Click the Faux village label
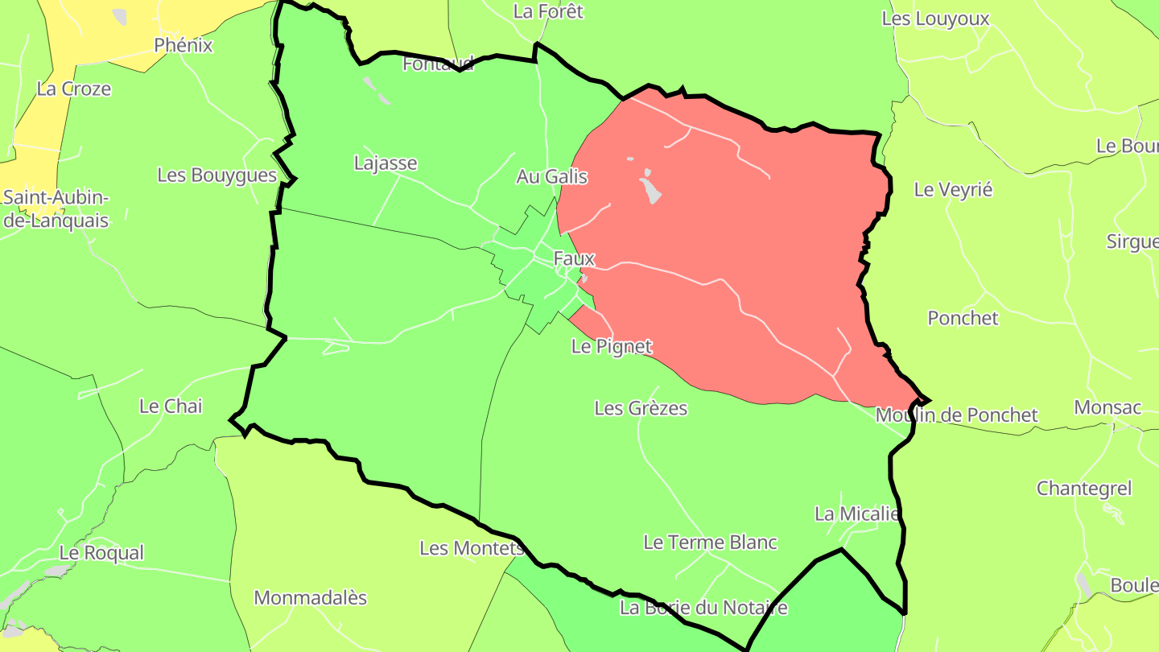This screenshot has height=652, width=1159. click(574, 259)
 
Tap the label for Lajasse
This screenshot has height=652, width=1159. click(386, 163)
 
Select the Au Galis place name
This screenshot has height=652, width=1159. click(551, 176)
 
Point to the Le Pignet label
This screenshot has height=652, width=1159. click(611, 347)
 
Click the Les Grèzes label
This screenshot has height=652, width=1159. click(641, 408)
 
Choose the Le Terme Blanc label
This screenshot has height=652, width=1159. click(710, 543)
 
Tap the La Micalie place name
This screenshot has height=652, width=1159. click(856, 514)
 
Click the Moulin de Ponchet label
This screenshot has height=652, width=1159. click(956, 415)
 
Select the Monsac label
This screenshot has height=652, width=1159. click(1107, 407)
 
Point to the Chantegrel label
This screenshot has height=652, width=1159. click(1083, 489)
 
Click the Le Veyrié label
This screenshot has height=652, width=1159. click(953, 190)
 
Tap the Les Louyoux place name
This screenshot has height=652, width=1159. click(935, 19)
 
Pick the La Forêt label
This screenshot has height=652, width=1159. click(548, 11)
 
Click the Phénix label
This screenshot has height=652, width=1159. click(184, 45)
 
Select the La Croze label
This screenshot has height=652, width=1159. click(74, 89)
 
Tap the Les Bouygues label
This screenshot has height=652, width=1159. click(217, 175)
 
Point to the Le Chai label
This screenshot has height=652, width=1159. click(171, 406)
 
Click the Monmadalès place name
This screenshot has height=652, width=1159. click(310, 598)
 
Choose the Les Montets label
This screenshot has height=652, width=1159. click(472, 548)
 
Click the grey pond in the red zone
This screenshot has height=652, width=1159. click(650, 188)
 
